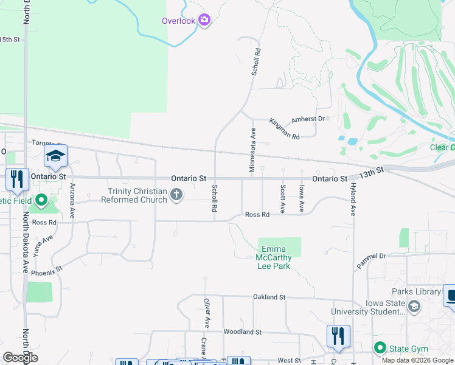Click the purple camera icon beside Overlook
(x=204, y=21)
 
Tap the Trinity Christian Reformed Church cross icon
(x=176, y=195)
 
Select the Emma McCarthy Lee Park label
(x=277, y=257)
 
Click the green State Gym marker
(x=381, y=349)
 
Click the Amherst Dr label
(x=310, y=119)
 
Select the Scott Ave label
(x=283, y=198)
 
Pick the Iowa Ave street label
(x=302, y=198)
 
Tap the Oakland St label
(x=269, y=297)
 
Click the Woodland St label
(x=242, y=332)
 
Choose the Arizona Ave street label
(x=72, y=201)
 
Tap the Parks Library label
(x=416, y=292)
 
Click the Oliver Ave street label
(x=207, y=311)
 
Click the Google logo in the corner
(x=20, y=358)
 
